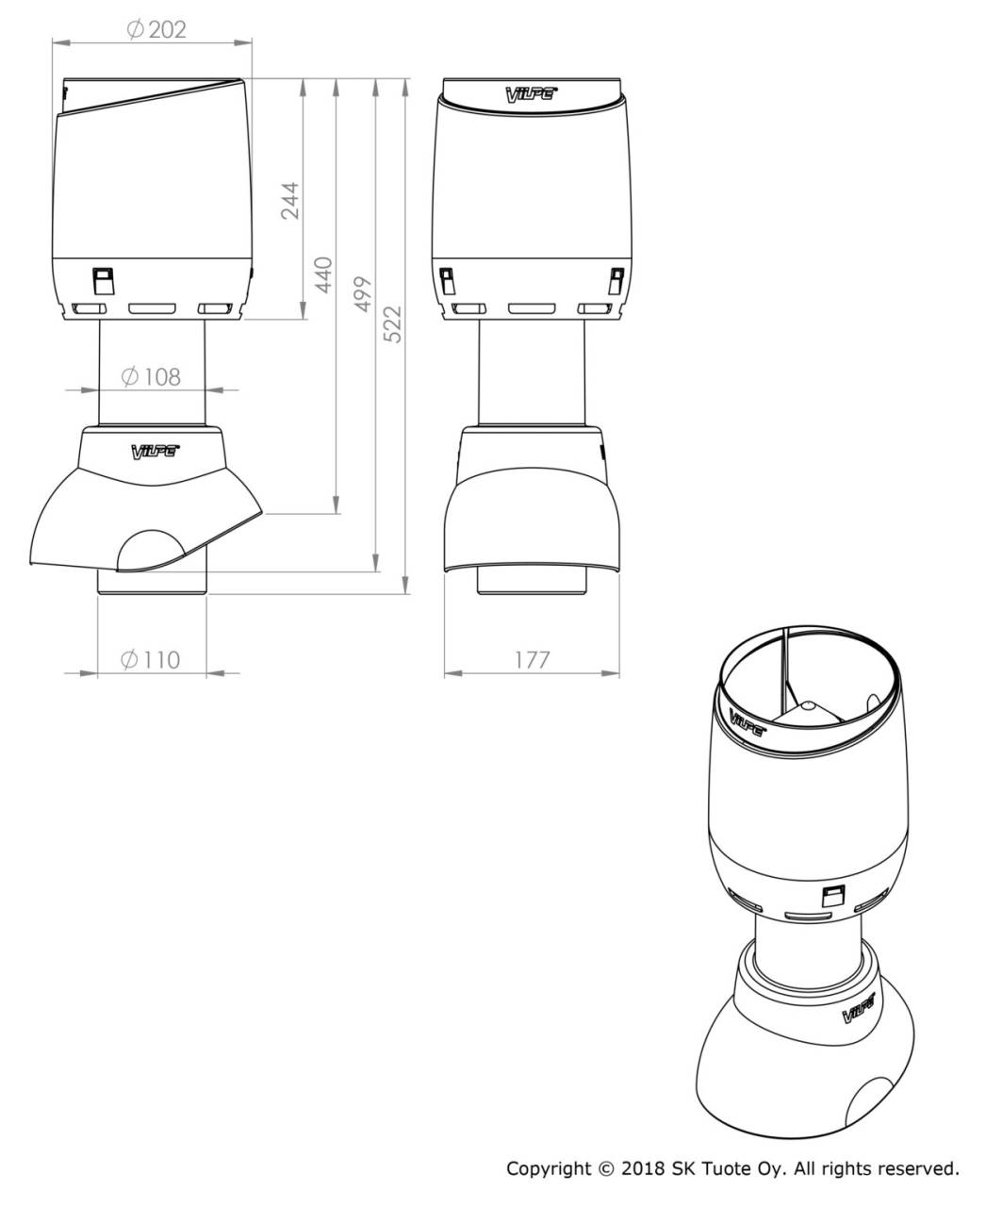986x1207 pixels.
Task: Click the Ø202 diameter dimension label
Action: tap(156, 29)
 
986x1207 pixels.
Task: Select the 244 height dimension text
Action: tap(290, 201)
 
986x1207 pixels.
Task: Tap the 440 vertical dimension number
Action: tap(323, 274)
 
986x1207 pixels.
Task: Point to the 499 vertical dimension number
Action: tap(363, 295)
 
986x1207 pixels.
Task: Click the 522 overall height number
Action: tap(392, 324)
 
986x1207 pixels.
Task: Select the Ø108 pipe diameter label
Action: tap(151, 376)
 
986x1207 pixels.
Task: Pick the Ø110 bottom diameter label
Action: tap(151, 659)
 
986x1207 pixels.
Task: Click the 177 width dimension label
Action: tap(532, 659)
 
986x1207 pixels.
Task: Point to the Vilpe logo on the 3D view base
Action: tap(858, 1011)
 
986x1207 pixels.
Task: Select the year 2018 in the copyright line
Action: tap(643, 1169)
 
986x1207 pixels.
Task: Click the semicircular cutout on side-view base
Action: tap(150, 552)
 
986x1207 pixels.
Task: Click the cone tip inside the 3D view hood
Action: tap(808, 703)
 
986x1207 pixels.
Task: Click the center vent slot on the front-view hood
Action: tap(530, 308)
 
